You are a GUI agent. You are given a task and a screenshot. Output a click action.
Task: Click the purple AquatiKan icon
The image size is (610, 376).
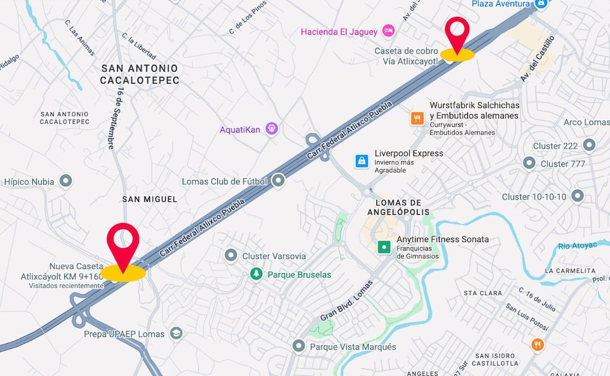coord(271,129)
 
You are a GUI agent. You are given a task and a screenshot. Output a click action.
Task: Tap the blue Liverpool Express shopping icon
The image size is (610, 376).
coord(362,161)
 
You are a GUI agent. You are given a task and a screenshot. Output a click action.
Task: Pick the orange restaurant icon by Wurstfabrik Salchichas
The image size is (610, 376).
coord(417,118)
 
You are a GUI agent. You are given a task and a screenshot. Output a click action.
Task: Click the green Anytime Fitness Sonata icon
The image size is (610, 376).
coord(384,247)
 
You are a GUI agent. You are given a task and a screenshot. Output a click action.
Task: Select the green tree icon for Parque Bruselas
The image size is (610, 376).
coord(257,274)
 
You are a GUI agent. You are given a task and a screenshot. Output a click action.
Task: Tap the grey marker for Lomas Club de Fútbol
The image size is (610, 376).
coord(279,181)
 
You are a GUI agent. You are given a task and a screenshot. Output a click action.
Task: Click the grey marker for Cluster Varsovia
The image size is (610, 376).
coord(231,255)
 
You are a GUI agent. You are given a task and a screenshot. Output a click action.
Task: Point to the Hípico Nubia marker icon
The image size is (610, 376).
coord(66,181)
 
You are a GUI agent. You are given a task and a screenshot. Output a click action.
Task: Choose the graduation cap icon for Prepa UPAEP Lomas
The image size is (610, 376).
coord(176,333)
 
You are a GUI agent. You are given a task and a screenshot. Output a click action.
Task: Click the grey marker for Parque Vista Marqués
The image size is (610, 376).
coord(298,346)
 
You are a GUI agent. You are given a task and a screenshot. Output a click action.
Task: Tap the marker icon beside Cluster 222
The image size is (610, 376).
coord(589,146)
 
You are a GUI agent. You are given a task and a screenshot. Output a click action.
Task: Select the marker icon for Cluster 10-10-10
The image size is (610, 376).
coord(577,196)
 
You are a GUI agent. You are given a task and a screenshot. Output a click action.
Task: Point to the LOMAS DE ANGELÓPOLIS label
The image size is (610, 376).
coord(398,207)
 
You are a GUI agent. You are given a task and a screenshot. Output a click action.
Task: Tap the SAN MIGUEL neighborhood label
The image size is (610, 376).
coord(149,199)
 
